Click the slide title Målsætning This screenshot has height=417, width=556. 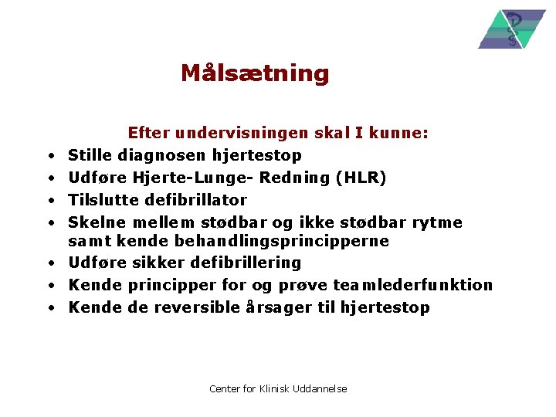point(255,73)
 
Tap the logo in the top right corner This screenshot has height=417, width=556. point(511,29)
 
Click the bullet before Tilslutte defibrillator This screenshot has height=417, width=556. point(49,201)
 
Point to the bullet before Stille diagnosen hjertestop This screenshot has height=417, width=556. point(49,157)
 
